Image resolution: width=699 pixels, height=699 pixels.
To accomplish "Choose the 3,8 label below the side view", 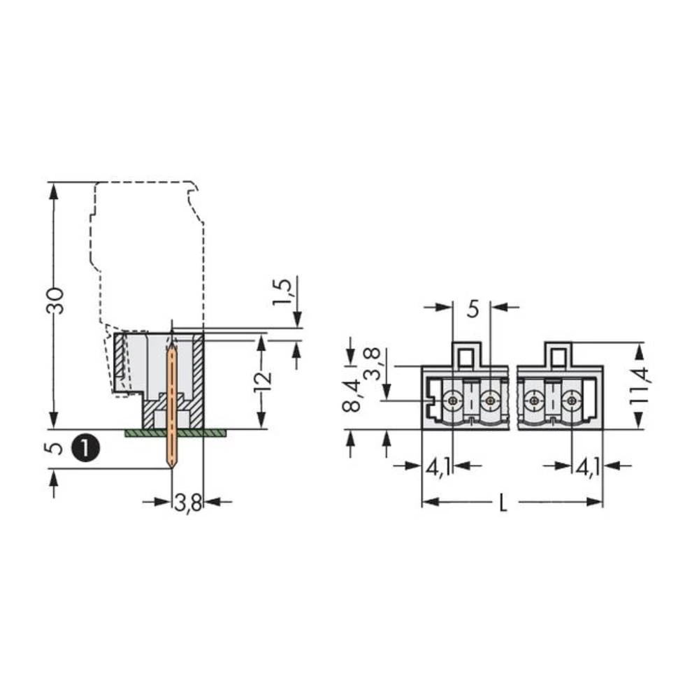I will point(187,502).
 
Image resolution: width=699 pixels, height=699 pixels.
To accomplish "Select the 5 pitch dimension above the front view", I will point(473,308).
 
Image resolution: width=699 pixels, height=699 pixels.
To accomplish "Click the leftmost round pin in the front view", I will point(453,401).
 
